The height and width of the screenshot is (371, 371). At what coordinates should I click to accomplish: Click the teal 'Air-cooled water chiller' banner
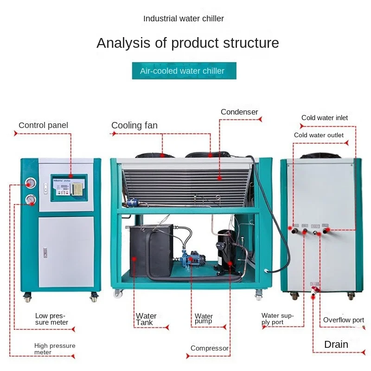click(184, 71)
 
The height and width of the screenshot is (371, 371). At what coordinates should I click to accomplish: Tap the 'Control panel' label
click(43, 125)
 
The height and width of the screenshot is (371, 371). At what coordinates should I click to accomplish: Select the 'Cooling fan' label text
click(134, 125)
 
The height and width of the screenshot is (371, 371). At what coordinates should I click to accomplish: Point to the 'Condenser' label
click(239, 112)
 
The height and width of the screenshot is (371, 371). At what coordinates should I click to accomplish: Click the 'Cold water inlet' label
click(325, 118)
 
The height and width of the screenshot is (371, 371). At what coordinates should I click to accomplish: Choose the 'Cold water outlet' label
click(319, 135)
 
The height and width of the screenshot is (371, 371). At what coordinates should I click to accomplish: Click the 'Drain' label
click(336, 344)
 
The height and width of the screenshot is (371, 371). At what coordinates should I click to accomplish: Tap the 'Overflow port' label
click(344, 320)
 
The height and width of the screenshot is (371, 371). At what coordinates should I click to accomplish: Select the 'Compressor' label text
click(210, 348)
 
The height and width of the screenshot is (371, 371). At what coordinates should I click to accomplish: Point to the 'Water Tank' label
click(146, 319)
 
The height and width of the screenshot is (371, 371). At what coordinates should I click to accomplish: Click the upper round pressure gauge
click(31, 183)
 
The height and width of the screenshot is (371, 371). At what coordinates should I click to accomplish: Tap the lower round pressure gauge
click(31, 200)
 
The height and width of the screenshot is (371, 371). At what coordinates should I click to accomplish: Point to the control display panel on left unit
click(69, 188)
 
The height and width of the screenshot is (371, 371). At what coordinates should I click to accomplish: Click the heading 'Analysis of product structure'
click(188, 43)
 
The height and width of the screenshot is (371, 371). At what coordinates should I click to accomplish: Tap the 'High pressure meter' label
click(55, 349)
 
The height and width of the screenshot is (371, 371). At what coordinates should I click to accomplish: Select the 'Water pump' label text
click(204, 319)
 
